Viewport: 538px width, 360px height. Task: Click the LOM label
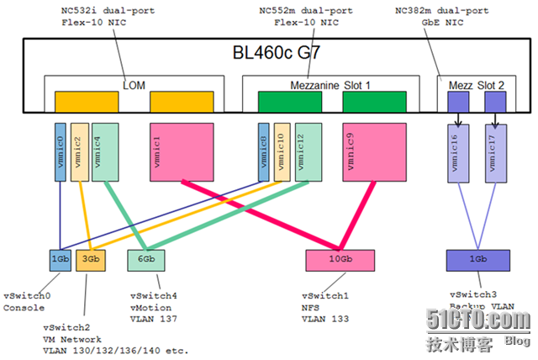click(134, 84)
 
